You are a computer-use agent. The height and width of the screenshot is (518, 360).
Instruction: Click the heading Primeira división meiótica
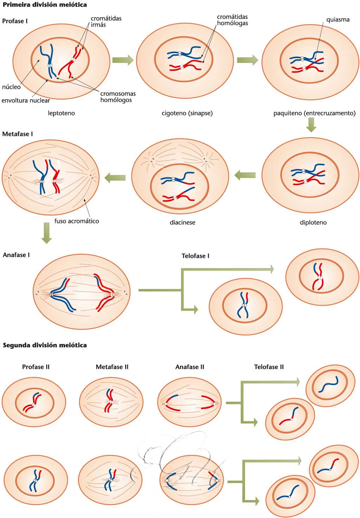click(x=45, y=5)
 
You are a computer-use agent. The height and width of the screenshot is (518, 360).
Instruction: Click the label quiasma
click(x=338, y=20)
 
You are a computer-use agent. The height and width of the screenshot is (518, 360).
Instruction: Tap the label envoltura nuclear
click(x=26, y=101)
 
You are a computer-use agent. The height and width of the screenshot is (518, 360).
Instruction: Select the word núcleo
click(x=11, y=87)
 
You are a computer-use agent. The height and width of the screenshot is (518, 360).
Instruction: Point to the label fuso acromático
click(x=77, y=221)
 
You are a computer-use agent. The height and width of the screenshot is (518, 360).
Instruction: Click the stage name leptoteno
click(x=62, y=113)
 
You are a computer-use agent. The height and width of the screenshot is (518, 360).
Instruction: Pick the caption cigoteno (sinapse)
click(x=187, y=113)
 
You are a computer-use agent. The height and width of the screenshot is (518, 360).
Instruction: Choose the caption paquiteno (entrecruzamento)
click(x=314, y=113)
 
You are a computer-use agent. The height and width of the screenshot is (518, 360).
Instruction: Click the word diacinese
click(x=182, y=222)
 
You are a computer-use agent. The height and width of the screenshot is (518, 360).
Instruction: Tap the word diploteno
click(x=313, y=222)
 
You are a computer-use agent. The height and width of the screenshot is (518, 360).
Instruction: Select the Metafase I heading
click(x=18, y=134)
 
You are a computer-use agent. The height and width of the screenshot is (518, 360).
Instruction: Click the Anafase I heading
click(x=16, y=255)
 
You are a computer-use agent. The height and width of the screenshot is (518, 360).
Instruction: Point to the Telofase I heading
click(x=195, y=256)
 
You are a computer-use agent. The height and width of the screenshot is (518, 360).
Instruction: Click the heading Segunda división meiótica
click(x=45, y=345)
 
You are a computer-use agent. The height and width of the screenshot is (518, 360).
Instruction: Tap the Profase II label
click(x=36, y=367)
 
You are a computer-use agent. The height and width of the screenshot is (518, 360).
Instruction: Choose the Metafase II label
click(x=112, y=367)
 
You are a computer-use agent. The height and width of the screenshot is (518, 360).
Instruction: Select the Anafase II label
click(x=190, y=367)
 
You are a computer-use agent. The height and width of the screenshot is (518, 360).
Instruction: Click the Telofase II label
click(x=269, y=367)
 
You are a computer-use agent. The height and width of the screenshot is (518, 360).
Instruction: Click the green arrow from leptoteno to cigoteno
click(x=123, y=60)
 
